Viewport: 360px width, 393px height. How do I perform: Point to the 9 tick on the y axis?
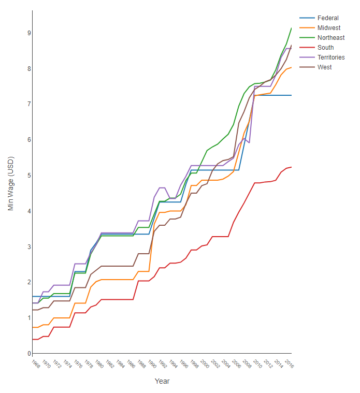point(29,33)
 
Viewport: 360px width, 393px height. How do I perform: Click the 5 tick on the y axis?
point(29,176)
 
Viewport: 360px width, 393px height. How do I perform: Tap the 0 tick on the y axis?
point(29,354)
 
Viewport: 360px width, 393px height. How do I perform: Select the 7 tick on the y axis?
point(29,104)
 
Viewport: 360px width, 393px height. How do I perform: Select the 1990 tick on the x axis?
point(152,364)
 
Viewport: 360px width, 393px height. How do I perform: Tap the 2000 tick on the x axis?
point(205,364)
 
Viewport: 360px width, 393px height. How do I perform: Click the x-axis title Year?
point(162,382)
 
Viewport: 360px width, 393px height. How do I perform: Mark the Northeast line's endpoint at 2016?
point(292,28)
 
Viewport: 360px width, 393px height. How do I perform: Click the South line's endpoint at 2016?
point(292,167)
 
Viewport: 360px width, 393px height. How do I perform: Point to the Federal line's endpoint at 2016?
point(292,95)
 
